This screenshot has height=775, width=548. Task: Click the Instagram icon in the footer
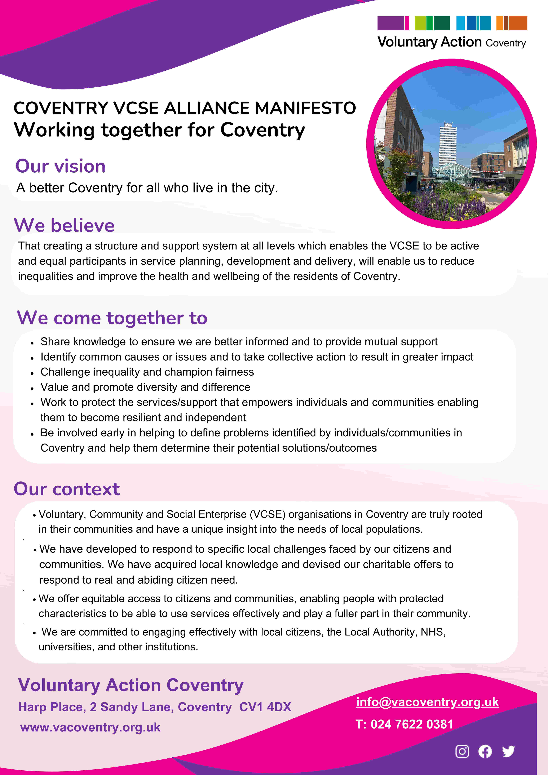[462, 751]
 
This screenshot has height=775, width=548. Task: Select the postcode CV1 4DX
[265, 707]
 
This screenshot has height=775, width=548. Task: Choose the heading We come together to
[112, 318]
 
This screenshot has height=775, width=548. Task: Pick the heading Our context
[67, 489]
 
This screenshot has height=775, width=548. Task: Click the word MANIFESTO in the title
[305, 108]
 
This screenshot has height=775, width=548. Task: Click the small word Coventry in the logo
[506, 43]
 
